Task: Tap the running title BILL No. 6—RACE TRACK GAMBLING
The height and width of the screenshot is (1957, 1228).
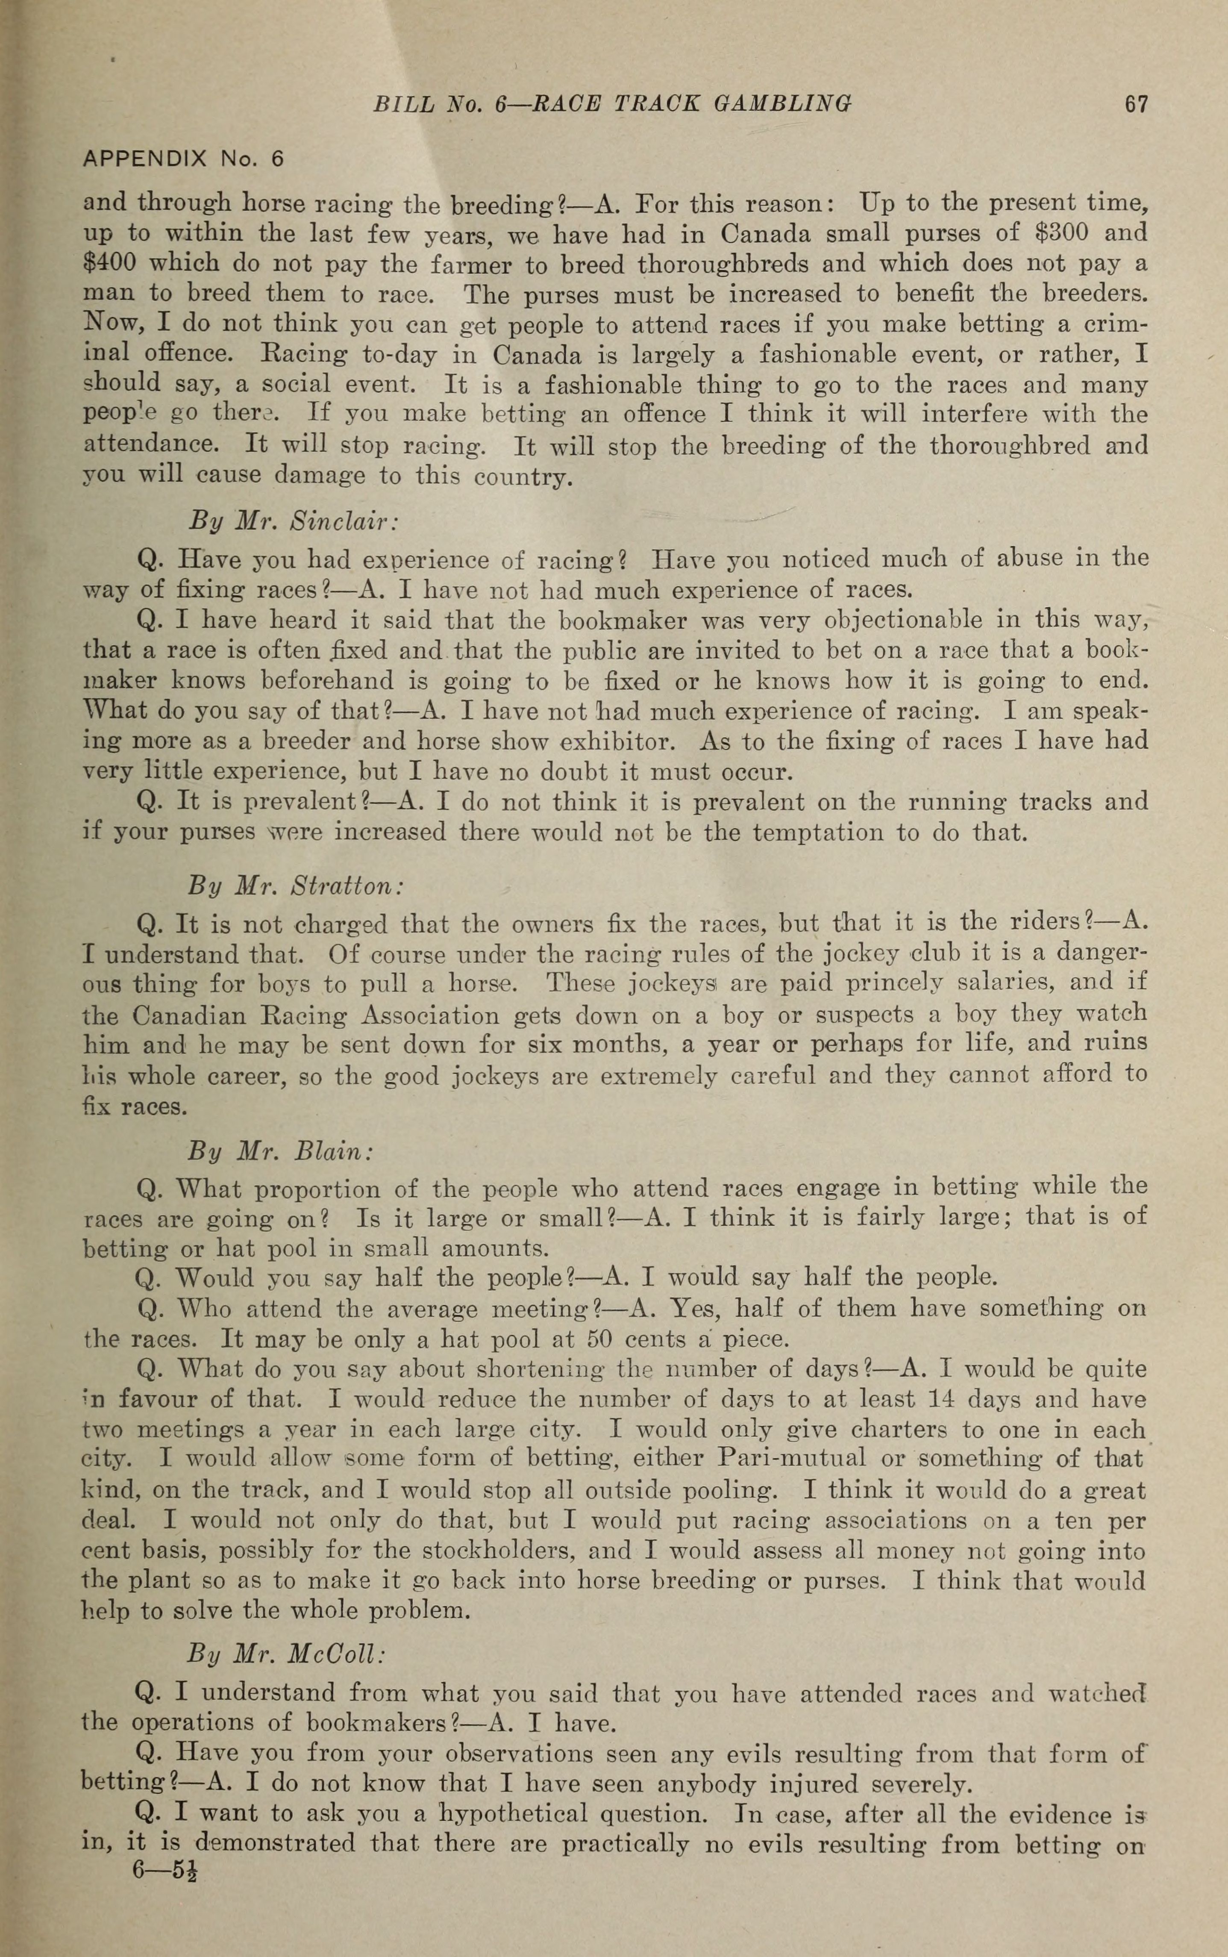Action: [x=611, y=104]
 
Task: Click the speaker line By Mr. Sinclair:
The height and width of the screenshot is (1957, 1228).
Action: [x=292, y=520]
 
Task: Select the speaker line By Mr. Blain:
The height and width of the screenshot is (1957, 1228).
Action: [x=280, y=1151]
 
